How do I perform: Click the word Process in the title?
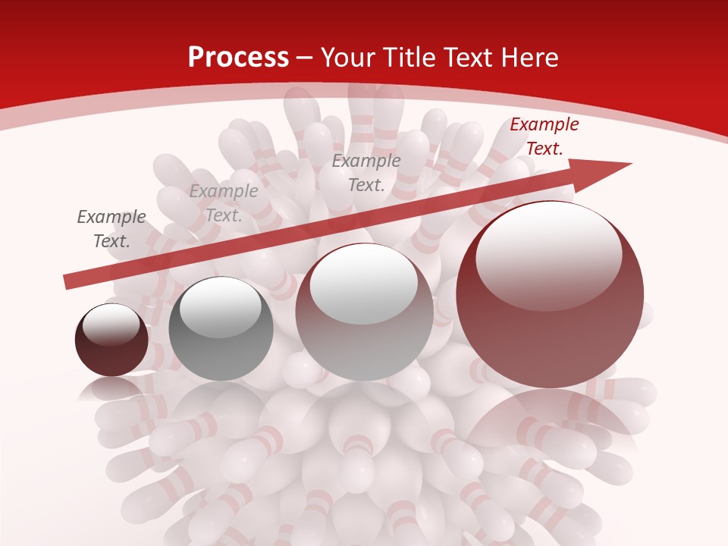pos(238,57)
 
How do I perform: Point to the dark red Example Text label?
pos(544,136)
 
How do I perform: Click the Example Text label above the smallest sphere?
pos(111,229)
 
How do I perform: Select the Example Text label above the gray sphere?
pos(224,202)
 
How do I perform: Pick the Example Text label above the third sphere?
pos(366,172)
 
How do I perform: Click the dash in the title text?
pos(305,57)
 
